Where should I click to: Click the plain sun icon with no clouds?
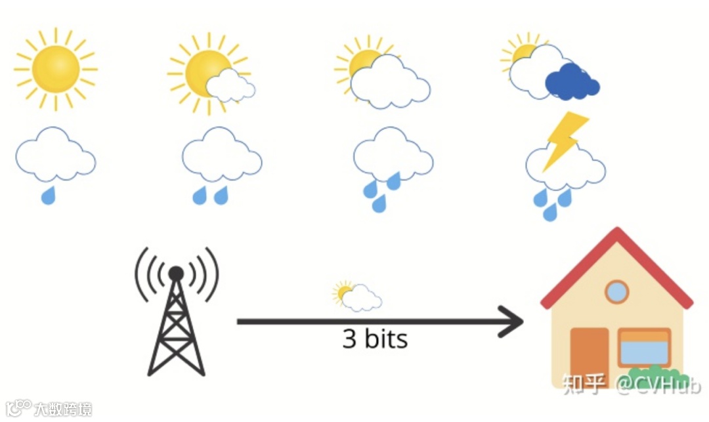point(55,68)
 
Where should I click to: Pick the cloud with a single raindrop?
point(55,158)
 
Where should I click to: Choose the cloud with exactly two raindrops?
point(221,158)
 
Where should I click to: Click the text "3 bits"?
point(375,339)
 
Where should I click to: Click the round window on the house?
point(616,291)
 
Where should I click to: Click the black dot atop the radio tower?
point(176,272)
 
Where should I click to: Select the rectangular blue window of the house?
point(644,347)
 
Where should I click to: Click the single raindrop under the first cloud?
point(48,194)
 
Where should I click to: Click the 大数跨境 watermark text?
point(63,408)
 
